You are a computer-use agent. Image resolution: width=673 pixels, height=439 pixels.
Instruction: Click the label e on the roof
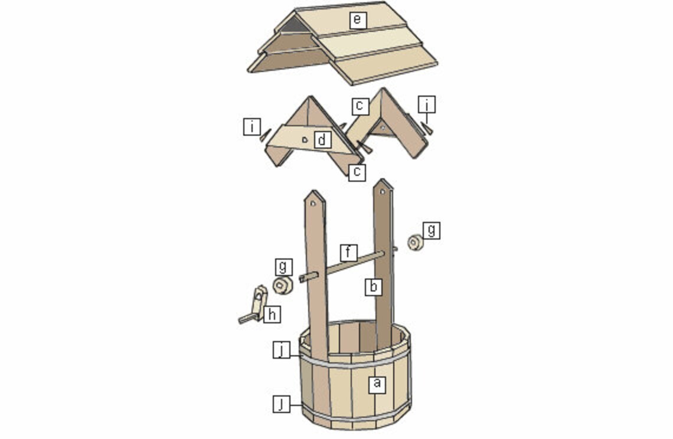click(x=356, y=20)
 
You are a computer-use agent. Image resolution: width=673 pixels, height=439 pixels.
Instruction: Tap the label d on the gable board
click(x=322, y=140)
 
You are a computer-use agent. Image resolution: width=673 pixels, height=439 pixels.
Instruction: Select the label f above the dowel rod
click(x=349, y=253)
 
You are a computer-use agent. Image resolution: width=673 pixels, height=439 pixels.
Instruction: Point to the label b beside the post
click(x=373, y=287)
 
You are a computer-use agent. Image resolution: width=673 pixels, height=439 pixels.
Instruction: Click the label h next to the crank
click(x=271, y=314)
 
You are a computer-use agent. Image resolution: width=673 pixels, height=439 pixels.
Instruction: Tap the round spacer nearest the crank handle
click(x=282, y=286)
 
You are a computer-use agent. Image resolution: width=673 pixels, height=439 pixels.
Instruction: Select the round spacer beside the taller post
click(x=416, y=242)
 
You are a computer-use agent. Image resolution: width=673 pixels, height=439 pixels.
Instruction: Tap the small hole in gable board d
click(x=303, y=140)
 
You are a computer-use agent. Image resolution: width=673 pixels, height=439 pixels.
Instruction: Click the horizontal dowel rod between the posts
click(x=348, y=265)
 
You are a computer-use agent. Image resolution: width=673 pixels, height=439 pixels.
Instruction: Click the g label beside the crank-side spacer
click(x=283, y=267)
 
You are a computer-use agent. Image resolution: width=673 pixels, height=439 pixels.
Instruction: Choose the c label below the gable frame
click(x=357, y=172)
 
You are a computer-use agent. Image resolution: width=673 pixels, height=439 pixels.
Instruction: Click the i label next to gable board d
click(x=251, y=126)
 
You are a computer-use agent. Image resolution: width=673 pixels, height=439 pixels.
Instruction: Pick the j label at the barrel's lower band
click(x=282, y=404)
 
